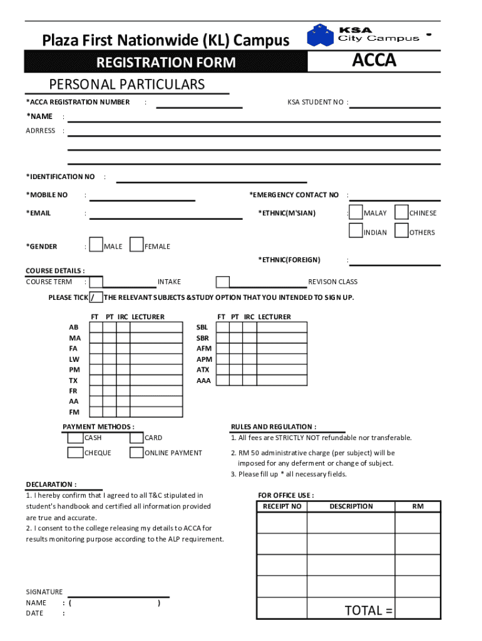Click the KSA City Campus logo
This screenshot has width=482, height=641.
coord(363,36)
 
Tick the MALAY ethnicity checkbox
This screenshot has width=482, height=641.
coord(356,213)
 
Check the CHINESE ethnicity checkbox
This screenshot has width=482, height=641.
coord(402,213)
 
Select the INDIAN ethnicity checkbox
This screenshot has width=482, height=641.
coord(356,232)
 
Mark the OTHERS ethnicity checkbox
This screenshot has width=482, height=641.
coord(402,232)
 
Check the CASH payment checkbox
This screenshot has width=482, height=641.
coord(75,438)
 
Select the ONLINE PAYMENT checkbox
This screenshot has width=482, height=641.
coord(136,453)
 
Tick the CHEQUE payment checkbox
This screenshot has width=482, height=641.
coord(75,453)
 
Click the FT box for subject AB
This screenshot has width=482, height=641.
coord(96,327)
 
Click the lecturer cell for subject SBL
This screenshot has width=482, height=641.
coord(282,327)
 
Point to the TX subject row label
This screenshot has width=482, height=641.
coord(74,381)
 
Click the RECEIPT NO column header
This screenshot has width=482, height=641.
coord(282,506)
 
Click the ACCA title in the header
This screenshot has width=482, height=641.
coord(374,61)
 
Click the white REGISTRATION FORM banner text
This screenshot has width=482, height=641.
coord(166,63)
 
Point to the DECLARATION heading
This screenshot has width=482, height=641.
coord(51,485)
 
